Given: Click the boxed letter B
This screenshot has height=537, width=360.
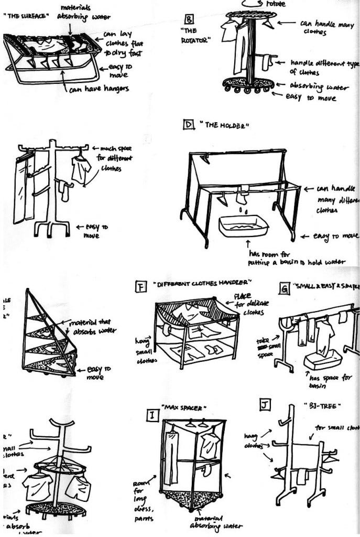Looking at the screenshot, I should pyautogui.click(x=189, y=20).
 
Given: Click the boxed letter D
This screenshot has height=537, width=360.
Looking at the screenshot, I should pyautogui.click(x=187, y=125).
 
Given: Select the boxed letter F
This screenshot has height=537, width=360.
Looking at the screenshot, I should pyautogui.click(x=140, y=286).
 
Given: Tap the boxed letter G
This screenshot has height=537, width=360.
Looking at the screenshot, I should pyautogui.click(x=284, y=288).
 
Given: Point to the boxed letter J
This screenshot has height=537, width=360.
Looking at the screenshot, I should pyautogui.click(x=266, y=404).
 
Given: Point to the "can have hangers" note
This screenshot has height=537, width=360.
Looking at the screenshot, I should pyautogui.click(x=99, y=89).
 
